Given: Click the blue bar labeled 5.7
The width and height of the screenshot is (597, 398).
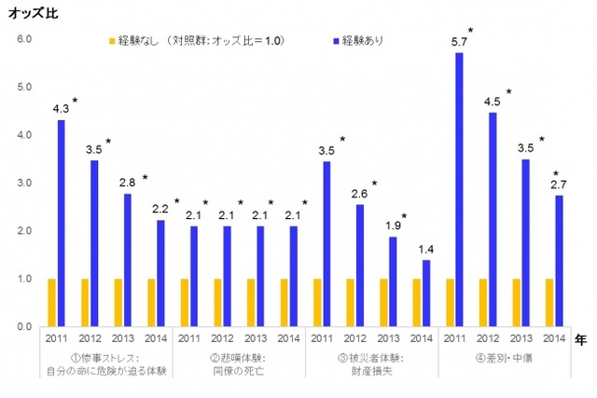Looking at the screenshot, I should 460,191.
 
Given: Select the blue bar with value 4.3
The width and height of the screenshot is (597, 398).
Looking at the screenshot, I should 62,224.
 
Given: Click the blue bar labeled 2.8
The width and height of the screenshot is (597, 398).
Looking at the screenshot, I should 128,260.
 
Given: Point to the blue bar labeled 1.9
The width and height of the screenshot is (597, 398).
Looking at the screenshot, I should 394,281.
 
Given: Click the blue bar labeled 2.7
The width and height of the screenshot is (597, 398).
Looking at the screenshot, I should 559,262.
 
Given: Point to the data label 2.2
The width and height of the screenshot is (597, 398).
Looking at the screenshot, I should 159,208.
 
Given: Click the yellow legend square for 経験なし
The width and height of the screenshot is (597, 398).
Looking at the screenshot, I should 113,41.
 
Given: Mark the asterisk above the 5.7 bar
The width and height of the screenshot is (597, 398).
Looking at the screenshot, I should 471,31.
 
